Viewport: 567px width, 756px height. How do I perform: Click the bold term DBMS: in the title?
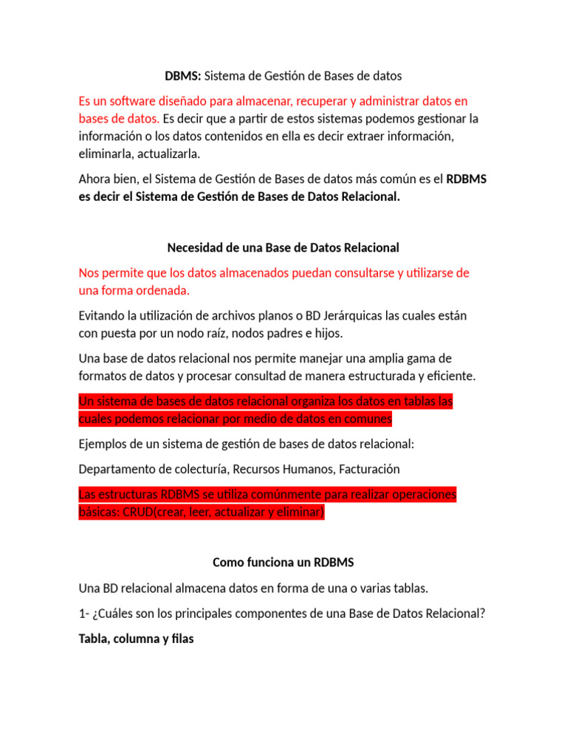pyautogui.click(x=182, y=75)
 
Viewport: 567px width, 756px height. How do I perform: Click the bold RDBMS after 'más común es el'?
pyautogui.click(x=466, y=179)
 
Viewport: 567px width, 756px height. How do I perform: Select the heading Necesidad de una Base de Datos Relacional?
pyautogui.click(x=283, y=247)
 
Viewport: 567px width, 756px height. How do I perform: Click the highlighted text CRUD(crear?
pyautogui.click(x=151, y=512)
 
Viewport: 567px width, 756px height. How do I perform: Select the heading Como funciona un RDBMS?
pyautogui.click(x=283, y=563)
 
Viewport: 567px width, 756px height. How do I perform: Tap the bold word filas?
pyautogui.click(x=180, y=639)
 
